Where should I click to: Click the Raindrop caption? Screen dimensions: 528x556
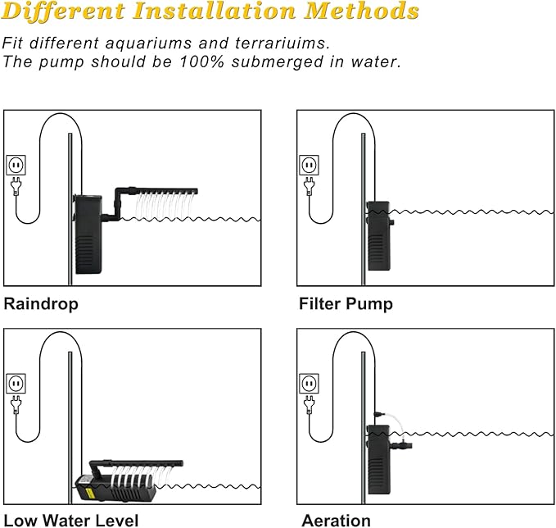(41, 303)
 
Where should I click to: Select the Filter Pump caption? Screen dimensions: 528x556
(345, 303)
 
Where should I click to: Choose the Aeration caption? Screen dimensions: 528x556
(336, 520)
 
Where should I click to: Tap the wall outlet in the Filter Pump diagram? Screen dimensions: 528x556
(309, 165)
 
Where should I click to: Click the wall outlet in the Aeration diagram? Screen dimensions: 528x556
(309, 383)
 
